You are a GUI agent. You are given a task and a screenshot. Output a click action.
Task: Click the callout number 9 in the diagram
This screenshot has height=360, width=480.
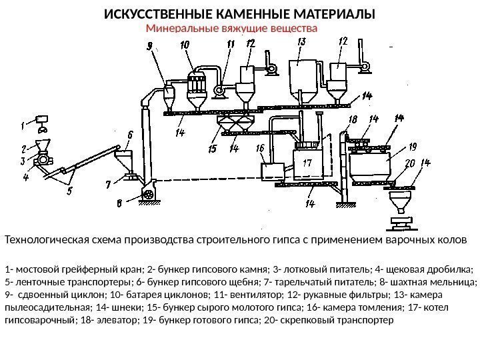pyautogui.click(x=149, y=46)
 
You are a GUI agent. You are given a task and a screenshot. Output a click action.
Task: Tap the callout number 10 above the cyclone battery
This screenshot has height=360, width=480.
pyautogui.click(x=184, y=44)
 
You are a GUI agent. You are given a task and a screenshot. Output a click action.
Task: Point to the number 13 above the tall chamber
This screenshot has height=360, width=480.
pyautogui.click(x=301, y=42)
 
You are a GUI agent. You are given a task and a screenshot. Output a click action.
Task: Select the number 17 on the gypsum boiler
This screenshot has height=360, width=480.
pyautogui.click(x=307, y=163)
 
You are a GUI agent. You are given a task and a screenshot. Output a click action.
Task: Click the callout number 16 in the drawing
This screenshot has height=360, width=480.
pyautogui.click(x=260, y=148)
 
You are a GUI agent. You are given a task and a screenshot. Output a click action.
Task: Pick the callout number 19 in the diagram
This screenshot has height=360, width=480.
pyautogui.click(x=413, y=147)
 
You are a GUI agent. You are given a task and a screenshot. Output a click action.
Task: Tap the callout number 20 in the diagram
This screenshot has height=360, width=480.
pyautogui.click(x=409, y=163)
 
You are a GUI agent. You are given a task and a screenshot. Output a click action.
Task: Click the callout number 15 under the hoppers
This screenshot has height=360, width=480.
pyautogui.click(x=213, y=149)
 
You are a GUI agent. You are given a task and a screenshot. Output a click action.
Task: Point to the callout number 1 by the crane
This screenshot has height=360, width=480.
pyautogui.click(x=22, y=124)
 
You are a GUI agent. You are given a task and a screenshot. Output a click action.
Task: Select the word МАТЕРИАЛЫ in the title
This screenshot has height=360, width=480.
pyautogui.click(x=335, y=14)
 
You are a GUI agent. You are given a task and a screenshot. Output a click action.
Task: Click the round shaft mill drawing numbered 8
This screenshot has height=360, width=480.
pyautogui.click(x=148, y=194)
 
